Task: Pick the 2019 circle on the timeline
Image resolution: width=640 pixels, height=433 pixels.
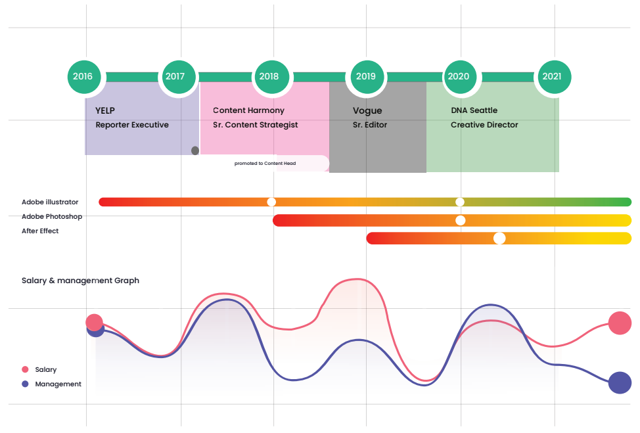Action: click(x=367, y=77)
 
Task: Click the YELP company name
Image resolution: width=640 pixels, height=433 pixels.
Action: click(x=105, y=110)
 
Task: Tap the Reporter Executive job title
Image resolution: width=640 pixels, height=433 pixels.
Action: click(x=132, y=125)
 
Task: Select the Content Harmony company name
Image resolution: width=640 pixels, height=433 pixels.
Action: click(x=248, y=110)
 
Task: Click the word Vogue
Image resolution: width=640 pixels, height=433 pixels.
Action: click(x=367, y=111)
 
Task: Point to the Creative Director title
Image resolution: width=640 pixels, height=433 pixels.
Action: click(x=484, y=125)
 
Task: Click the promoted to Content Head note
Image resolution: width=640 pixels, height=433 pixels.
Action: click(x=265, y=163)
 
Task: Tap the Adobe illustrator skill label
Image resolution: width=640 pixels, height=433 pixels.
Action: click(x=50, y=202)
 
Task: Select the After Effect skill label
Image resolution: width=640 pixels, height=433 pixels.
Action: click(x=40, y=231)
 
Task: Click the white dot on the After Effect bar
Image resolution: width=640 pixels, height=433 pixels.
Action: click(x=499, y=239)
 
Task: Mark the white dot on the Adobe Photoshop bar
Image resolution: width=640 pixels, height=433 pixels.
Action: click(x=461, y=220)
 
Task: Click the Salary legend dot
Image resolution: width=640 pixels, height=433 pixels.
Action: click(x=25, y=369)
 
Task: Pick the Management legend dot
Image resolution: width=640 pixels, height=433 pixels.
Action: click(x=25, y=384)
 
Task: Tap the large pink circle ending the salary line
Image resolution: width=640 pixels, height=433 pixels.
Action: click(x=620, y=323)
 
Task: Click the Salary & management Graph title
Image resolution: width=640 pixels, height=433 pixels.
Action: click(x=80, y=281)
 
